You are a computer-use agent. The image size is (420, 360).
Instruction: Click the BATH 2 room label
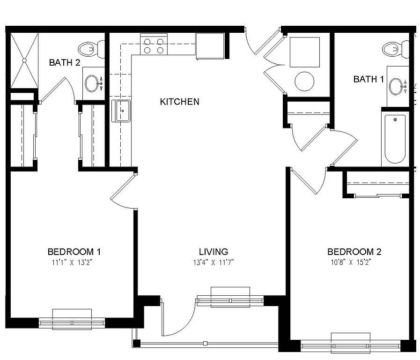pos(65,63)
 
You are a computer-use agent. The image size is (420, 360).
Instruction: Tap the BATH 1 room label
pos(368,79)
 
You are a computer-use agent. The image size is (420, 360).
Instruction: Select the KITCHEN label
pos(179,102)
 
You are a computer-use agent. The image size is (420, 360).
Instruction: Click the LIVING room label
pos(214,252)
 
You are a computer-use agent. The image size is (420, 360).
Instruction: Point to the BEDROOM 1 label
pos(74,252)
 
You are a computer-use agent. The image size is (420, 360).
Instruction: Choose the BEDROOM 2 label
pos(354,252)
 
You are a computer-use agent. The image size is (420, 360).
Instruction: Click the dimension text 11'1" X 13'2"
pos(72,262)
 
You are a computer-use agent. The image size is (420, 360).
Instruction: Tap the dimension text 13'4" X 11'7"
pos(214,262)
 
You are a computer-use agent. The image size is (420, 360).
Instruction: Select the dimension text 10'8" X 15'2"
pos(351,262)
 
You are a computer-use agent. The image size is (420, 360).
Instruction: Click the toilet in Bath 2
pos(92,49)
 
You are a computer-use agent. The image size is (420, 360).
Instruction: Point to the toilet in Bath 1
pos(396,49)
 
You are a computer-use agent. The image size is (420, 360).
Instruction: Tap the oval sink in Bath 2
pos(92,83)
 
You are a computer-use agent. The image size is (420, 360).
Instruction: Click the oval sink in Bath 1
pos(396,86)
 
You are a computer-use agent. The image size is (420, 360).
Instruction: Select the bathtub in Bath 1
pos(395,139)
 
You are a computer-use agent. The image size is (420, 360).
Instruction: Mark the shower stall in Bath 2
pos(24,60)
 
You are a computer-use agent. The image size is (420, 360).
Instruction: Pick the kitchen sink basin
pos(121,111)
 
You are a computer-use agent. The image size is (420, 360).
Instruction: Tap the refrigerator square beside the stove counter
pos(210,46)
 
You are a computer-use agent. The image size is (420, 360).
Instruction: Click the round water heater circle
pos(304,82)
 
